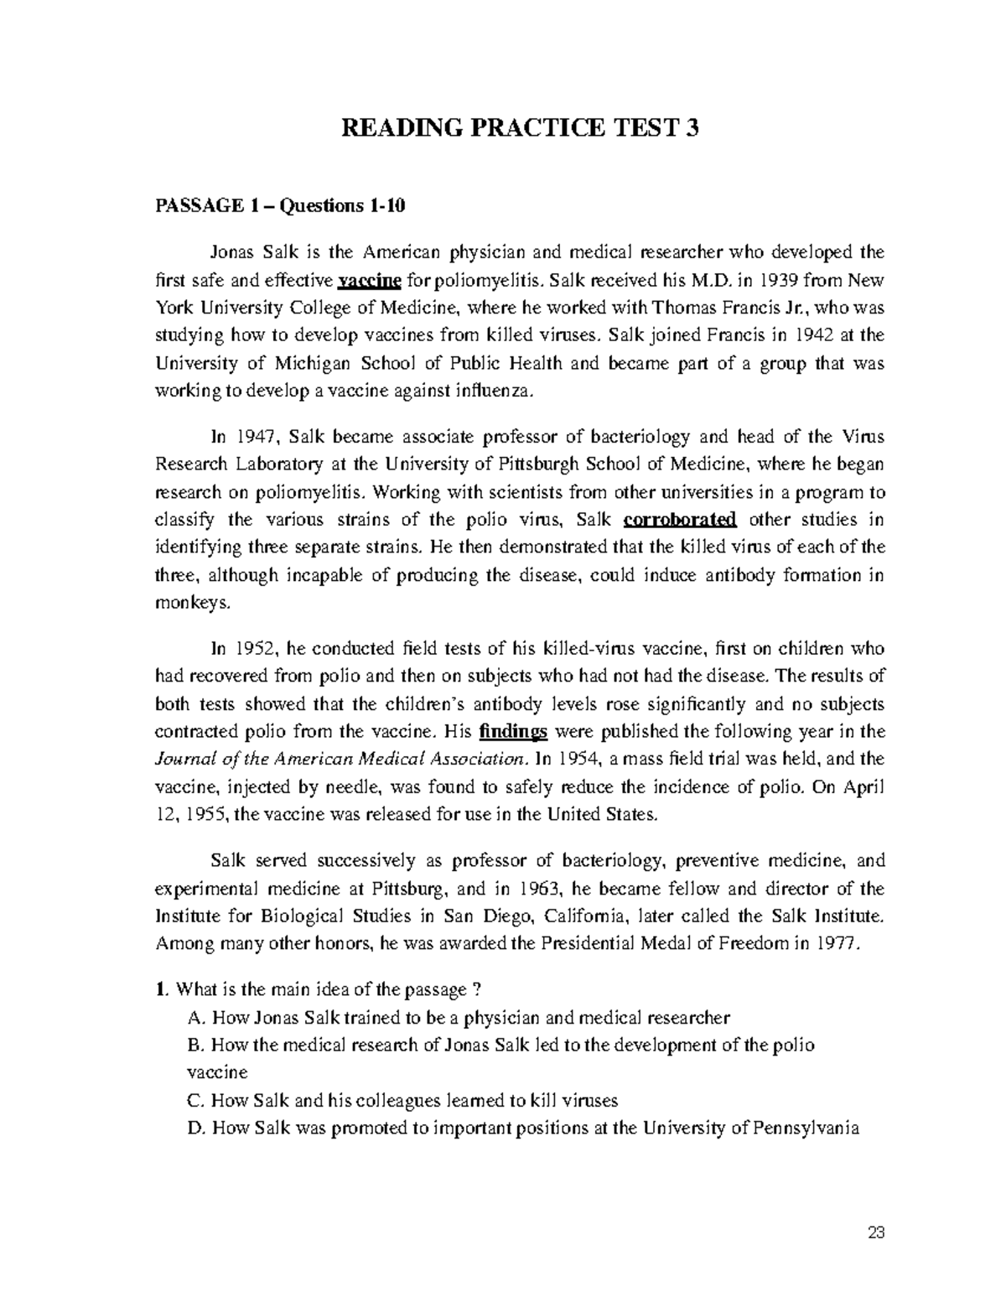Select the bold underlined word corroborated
(680, 520)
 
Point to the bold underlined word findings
(513, 732)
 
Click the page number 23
(877, 1233)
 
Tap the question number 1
(160, 990)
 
